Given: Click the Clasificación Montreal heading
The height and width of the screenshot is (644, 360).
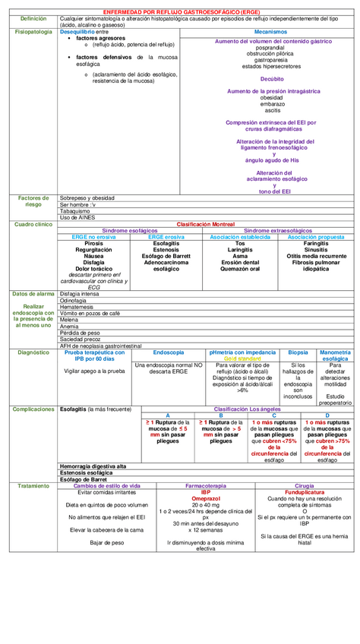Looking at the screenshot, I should [206, 224].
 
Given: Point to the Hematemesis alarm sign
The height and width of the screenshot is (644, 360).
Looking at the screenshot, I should [76, 306].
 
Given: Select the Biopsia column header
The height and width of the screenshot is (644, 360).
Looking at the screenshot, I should [298, 352].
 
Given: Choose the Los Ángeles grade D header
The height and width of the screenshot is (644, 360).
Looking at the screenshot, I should [327, 415].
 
